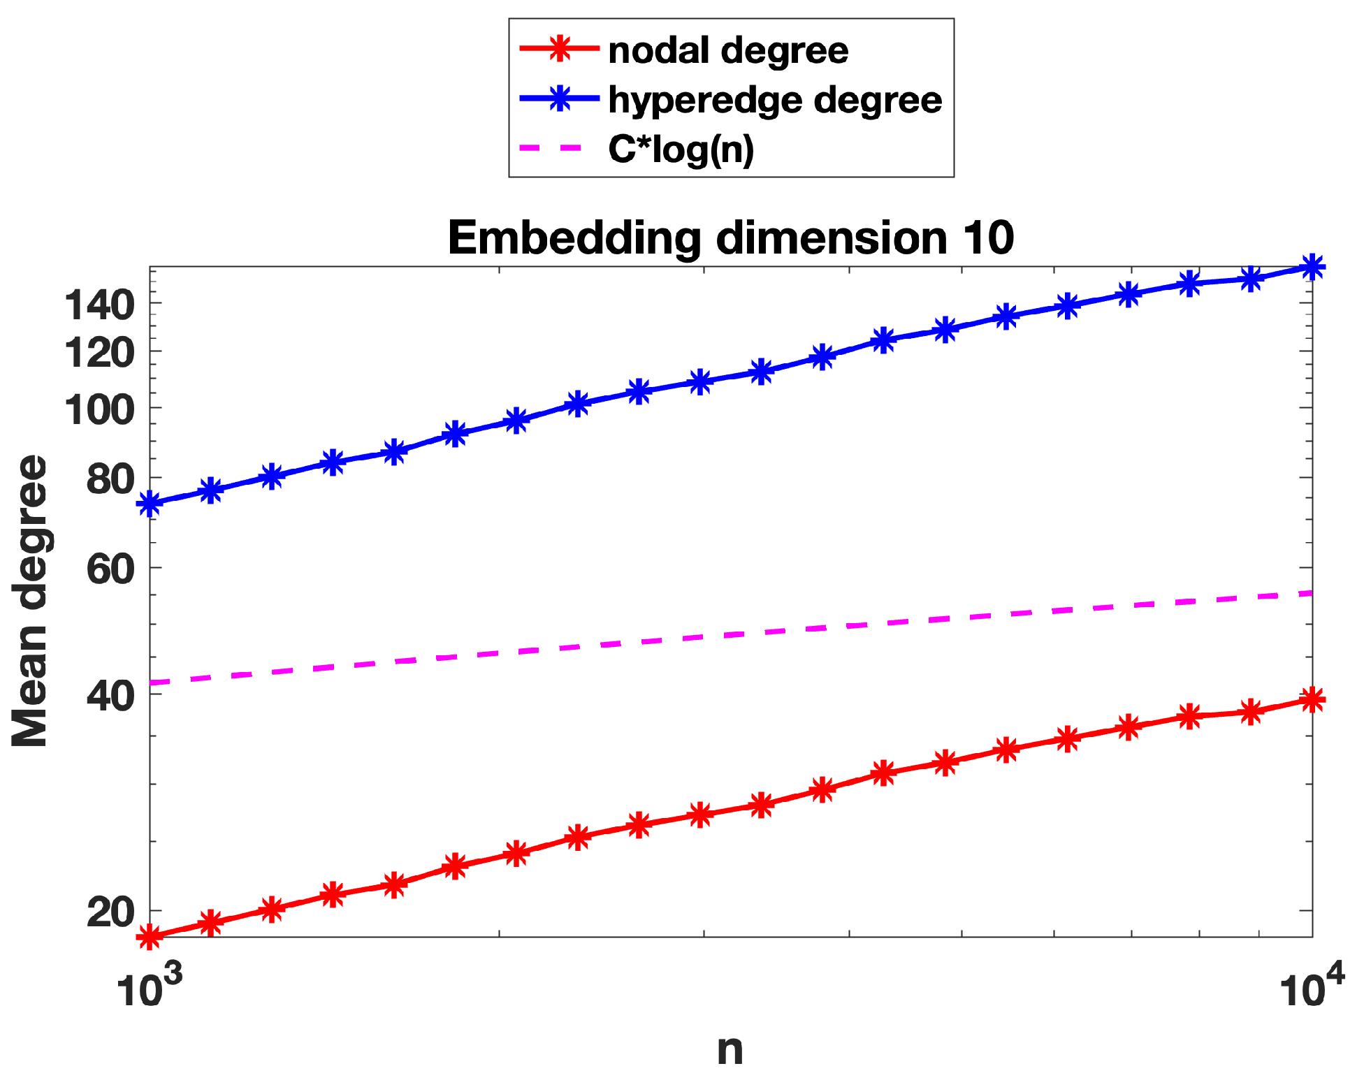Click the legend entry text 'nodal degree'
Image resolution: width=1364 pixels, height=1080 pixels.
[x=728, y=51]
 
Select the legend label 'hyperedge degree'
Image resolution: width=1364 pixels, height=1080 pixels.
[x=775, y=100]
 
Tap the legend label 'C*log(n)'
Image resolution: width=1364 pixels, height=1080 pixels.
[x=681, y=149]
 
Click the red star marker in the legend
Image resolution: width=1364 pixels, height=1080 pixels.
[x=559, y=49]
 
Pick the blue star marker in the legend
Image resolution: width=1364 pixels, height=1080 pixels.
[x=559, y=98]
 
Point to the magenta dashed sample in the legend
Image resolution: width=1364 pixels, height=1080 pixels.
[x=552, y=148]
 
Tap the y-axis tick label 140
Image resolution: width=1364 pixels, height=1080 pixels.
[x=99, y=305]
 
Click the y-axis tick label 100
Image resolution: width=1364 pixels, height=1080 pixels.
[x=99, y=409]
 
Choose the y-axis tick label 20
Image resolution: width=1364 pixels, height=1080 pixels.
[x=110, y=912]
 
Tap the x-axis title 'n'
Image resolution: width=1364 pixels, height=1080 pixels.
[x=730, y=1050]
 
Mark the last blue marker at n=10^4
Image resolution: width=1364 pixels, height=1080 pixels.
[x=1312, y=266]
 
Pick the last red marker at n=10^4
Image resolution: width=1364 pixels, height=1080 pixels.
[x=1312, y=699]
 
